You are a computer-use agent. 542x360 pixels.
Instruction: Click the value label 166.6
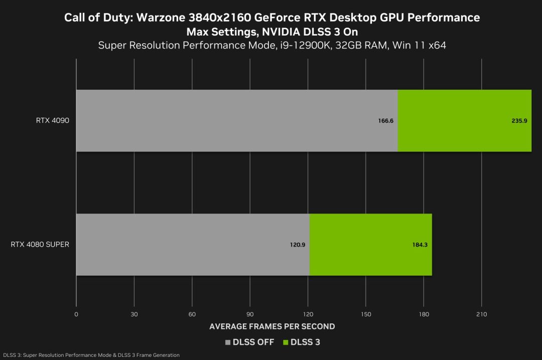[x=385, y=121]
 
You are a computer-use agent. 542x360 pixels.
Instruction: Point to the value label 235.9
[x=519, y=121]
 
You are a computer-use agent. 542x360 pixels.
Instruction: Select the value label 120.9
[x=297, y=245]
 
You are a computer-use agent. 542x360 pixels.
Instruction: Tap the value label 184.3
[x=420, y=245]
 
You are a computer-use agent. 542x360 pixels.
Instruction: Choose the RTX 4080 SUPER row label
[x=40, y=245]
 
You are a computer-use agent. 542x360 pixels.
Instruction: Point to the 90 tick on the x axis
[x=250, y=314]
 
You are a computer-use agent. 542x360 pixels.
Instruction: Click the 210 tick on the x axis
[x=481, y=314]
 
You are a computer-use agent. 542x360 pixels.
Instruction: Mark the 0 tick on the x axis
[x=76, y=314]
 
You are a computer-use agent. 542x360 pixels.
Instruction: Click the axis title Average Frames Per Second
[x=272, y=326]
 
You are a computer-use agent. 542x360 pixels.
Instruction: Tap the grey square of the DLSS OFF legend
[x=228, y=342]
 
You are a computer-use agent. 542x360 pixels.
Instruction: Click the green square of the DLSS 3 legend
[x=287, y=342]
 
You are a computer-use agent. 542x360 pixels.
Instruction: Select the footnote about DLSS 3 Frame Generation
[x=90, y=355]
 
